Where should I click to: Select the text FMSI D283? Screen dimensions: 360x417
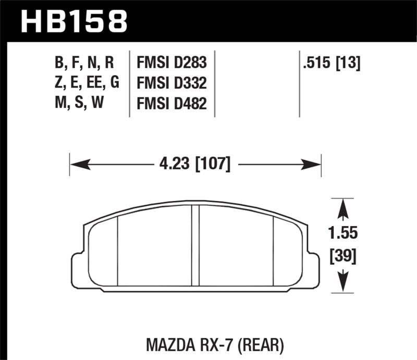tap(171, 64)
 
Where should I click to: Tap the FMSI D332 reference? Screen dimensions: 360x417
tap(171, 83)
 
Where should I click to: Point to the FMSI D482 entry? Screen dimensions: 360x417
tap(171, 104)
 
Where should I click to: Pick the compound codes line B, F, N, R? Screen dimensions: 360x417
tap(84, 64)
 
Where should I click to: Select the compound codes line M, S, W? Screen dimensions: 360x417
tap(78, 104)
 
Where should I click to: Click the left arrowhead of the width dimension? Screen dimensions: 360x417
tap(78, 165)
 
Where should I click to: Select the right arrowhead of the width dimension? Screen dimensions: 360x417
tap(312, 165)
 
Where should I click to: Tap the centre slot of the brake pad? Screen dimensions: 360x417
tap(195, 245)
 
